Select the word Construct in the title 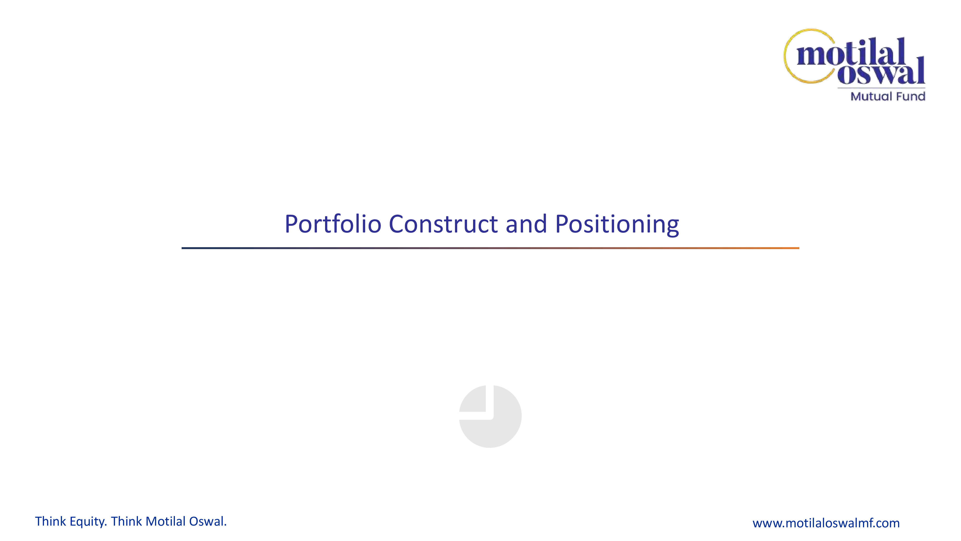point(443,224)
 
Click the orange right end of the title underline point(798,248)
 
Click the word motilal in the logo point(851,52)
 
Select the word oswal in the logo point(881,71)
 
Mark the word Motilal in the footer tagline point(166,521)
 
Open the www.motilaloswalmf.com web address point(826,523)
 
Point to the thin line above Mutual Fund point(881,88)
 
